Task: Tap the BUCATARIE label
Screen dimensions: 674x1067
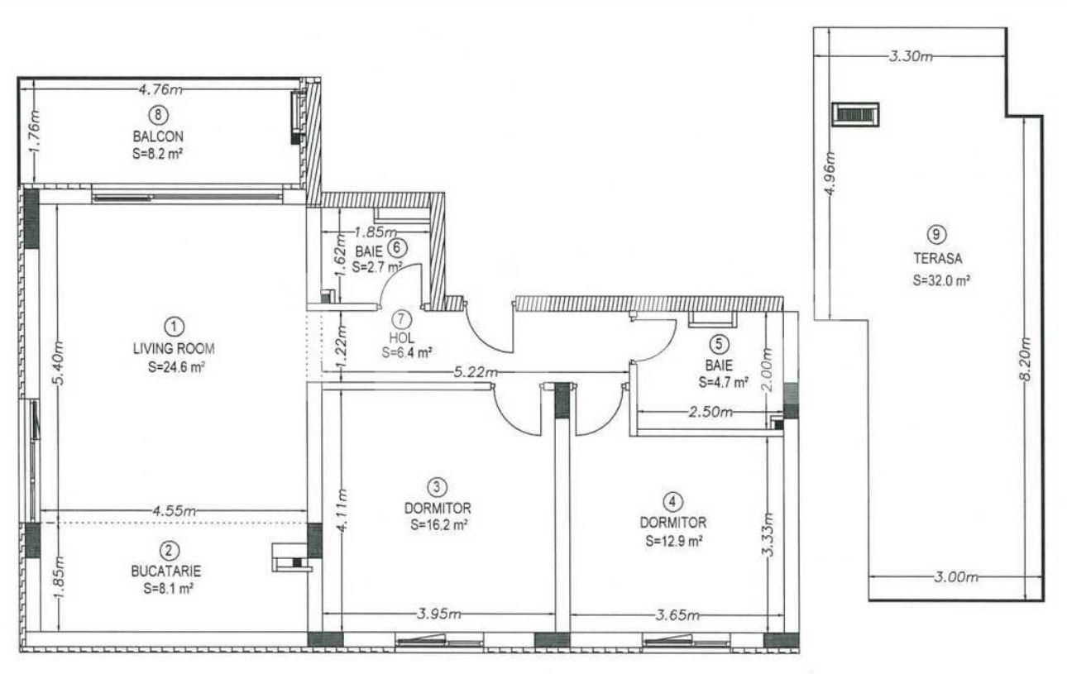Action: (x=165, y=571)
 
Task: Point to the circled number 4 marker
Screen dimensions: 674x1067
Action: (x=673, y=501)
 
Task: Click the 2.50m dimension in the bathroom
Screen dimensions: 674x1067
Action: (x=711, y=411)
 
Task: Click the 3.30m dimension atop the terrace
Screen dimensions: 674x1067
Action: (x=911, y=56)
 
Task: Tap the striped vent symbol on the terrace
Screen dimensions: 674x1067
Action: (x=854, y=115)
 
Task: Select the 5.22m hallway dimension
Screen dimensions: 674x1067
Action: (x=472, y=373)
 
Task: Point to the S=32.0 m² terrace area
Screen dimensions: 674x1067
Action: (x=941, y=280)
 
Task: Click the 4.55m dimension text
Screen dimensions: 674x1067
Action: (x=173, y=510)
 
